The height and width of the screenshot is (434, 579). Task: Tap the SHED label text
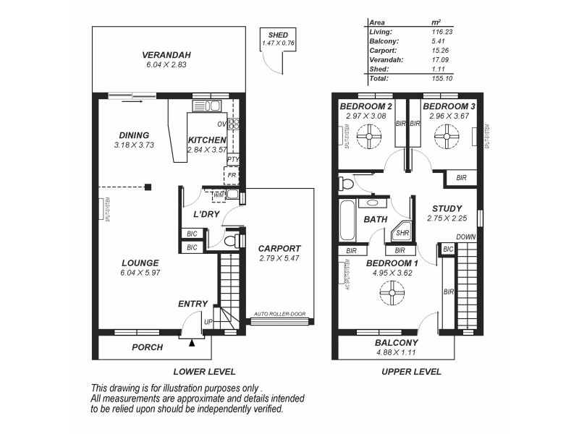278,35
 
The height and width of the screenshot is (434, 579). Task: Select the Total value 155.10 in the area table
441,78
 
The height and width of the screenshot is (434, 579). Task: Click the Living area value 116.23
441,32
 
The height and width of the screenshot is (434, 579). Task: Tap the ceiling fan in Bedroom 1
392,292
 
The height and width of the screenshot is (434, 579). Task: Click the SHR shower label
402,234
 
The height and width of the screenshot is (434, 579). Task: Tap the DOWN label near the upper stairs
465,237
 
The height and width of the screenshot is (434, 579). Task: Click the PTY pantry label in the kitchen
232,159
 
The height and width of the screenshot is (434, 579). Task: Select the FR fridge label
232,175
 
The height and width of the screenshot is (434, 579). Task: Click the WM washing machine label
218,195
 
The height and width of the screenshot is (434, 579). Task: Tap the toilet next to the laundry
231,240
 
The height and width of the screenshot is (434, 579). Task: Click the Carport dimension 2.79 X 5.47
279,258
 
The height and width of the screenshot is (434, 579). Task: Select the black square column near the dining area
148,187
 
